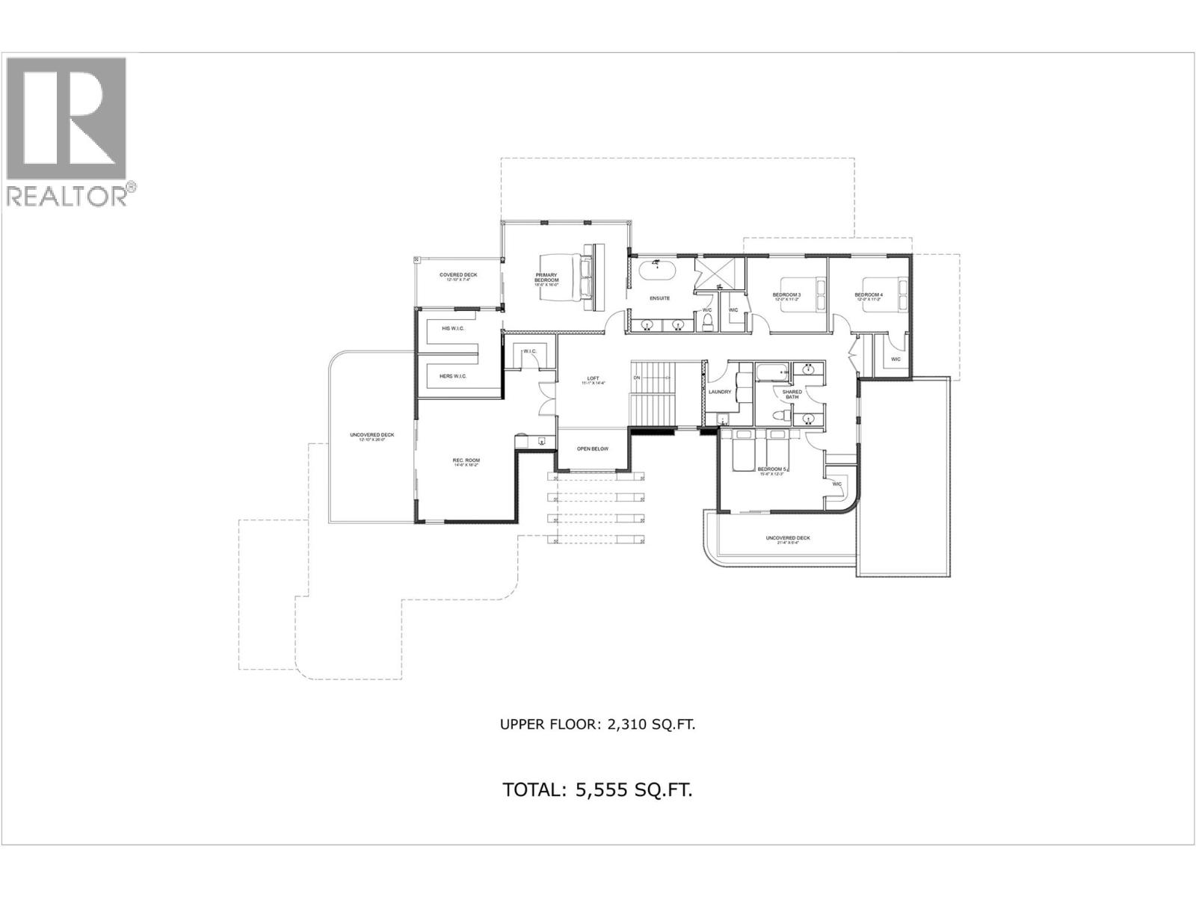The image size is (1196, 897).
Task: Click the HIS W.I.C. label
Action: (x=452, y=328)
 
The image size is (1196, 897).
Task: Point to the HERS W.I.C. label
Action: (x=452, y=376)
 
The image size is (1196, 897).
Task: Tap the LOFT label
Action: (x=593, y=380)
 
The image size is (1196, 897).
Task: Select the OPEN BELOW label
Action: (x=592, y=449)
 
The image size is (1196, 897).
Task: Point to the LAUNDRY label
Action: (x=719, y=392)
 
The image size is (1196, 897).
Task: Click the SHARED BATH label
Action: (x=792, y=394)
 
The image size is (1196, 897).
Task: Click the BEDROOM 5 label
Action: (x=771, y=470)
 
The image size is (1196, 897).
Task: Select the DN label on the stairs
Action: (x=636, y=378)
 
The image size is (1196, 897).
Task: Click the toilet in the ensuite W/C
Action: (x=707, y=321)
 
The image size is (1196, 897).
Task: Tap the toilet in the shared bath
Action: (x=779, y=416)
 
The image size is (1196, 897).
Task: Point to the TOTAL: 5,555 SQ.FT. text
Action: (x=597, y=790)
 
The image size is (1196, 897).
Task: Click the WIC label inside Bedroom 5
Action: (x=836, y=484)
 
